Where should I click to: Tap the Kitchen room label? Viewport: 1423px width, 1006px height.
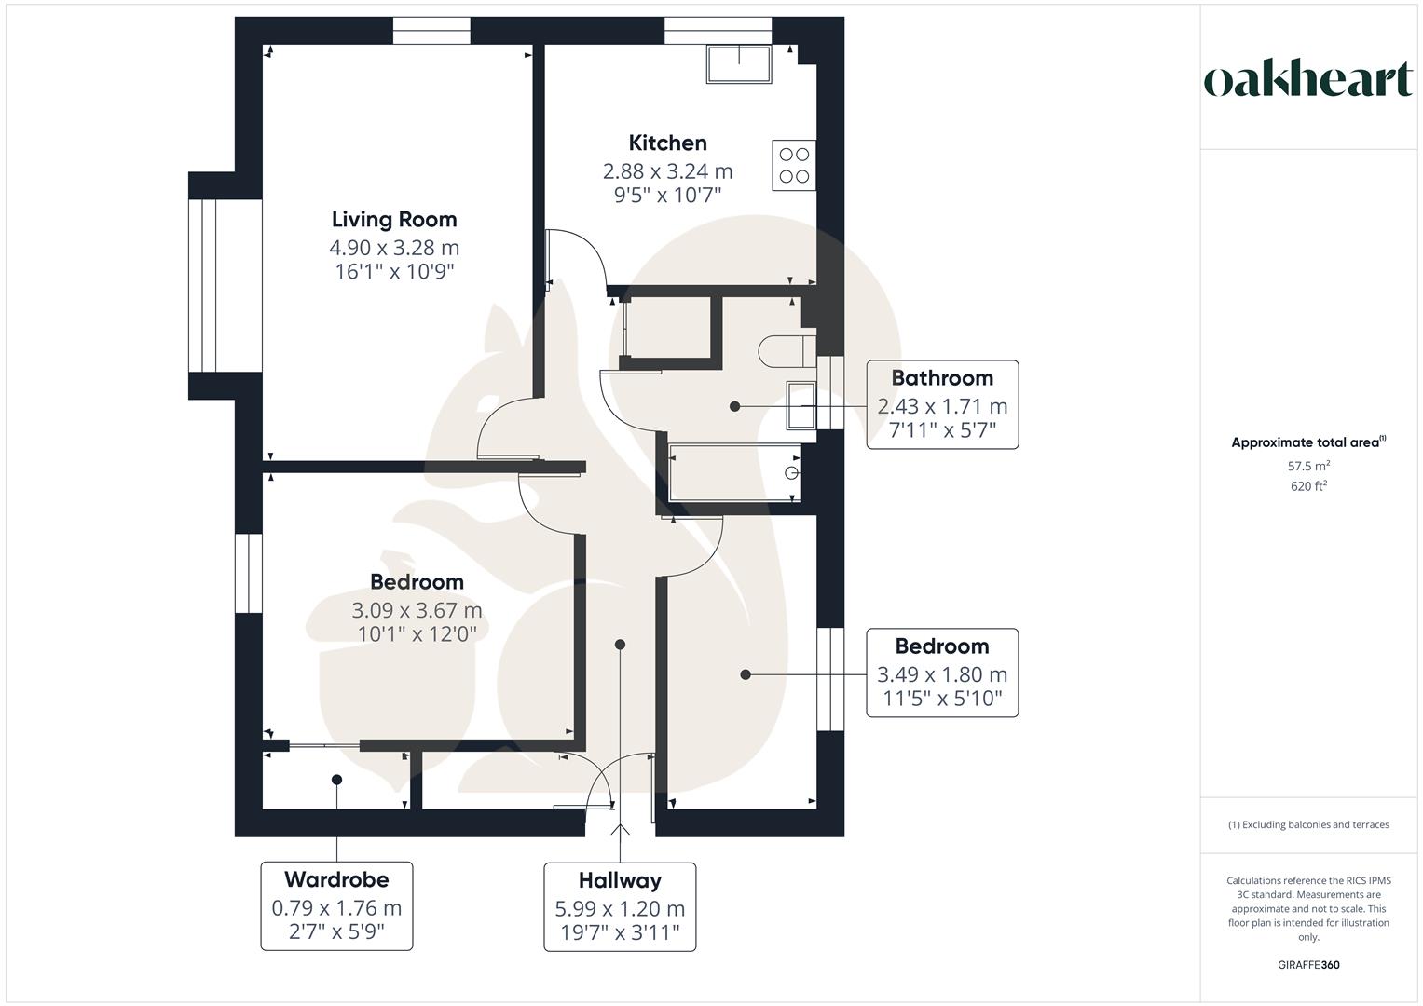pyautogui.click(x=667, y=143)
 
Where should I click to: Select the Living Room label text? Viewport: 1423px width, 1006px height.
pyautogui.click(x=394, y=220)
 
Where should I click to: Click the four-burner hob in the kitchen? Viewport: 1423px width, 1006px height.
pyautogui.click(x=794, y=165)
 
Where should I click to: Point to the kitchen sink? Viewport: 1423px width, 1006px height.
pyautogui.click(x=739, y=63)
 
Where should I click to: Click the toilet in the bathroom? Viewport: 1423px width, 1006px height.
pyautogui.click(x=787, y=351)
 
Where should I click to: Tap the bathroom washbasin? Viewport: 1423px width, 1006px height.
pyautogui.click(x=801, y=405)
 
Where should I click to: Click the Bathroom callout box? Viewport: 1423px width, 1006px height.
pyautogui.click(x=942, y=404)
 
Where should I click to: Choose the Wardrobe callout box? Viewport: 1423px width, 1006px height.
pyautogui.click(x=336, y=905)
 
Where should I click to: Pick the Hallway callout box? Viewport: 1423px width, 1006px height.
pyautogui.click(x=620, y=907)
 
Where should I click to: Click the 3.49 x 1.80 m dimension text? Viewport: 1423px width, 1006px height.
pyautogui.click(x=942, y=674)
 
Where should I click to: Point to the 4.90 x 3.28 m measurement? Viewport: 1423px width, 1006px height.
pyautogui.click(x=394, y=248)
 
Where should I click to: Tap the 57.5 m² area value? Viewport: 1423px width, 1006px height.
pyautogui.click(x=1308, y=466)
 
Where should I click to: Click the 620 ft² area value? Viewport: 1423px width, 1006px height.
pyautogui.click(x=1308, y=486)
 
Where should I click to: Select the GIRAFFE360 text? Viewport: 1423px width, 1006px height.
pyautogui.click(x=1308, y=965)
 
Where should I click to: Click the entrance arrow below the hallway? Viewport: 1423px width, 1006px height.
pyautogui.click(x=620, y=829)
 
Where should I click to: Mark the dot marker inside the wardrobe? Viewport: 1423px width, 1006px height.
pyautogui.click(x=336, y=780)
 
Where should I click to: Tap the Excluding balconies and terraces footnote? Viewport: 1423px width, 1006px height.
pyautogui.click(x=1308, y=824)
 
